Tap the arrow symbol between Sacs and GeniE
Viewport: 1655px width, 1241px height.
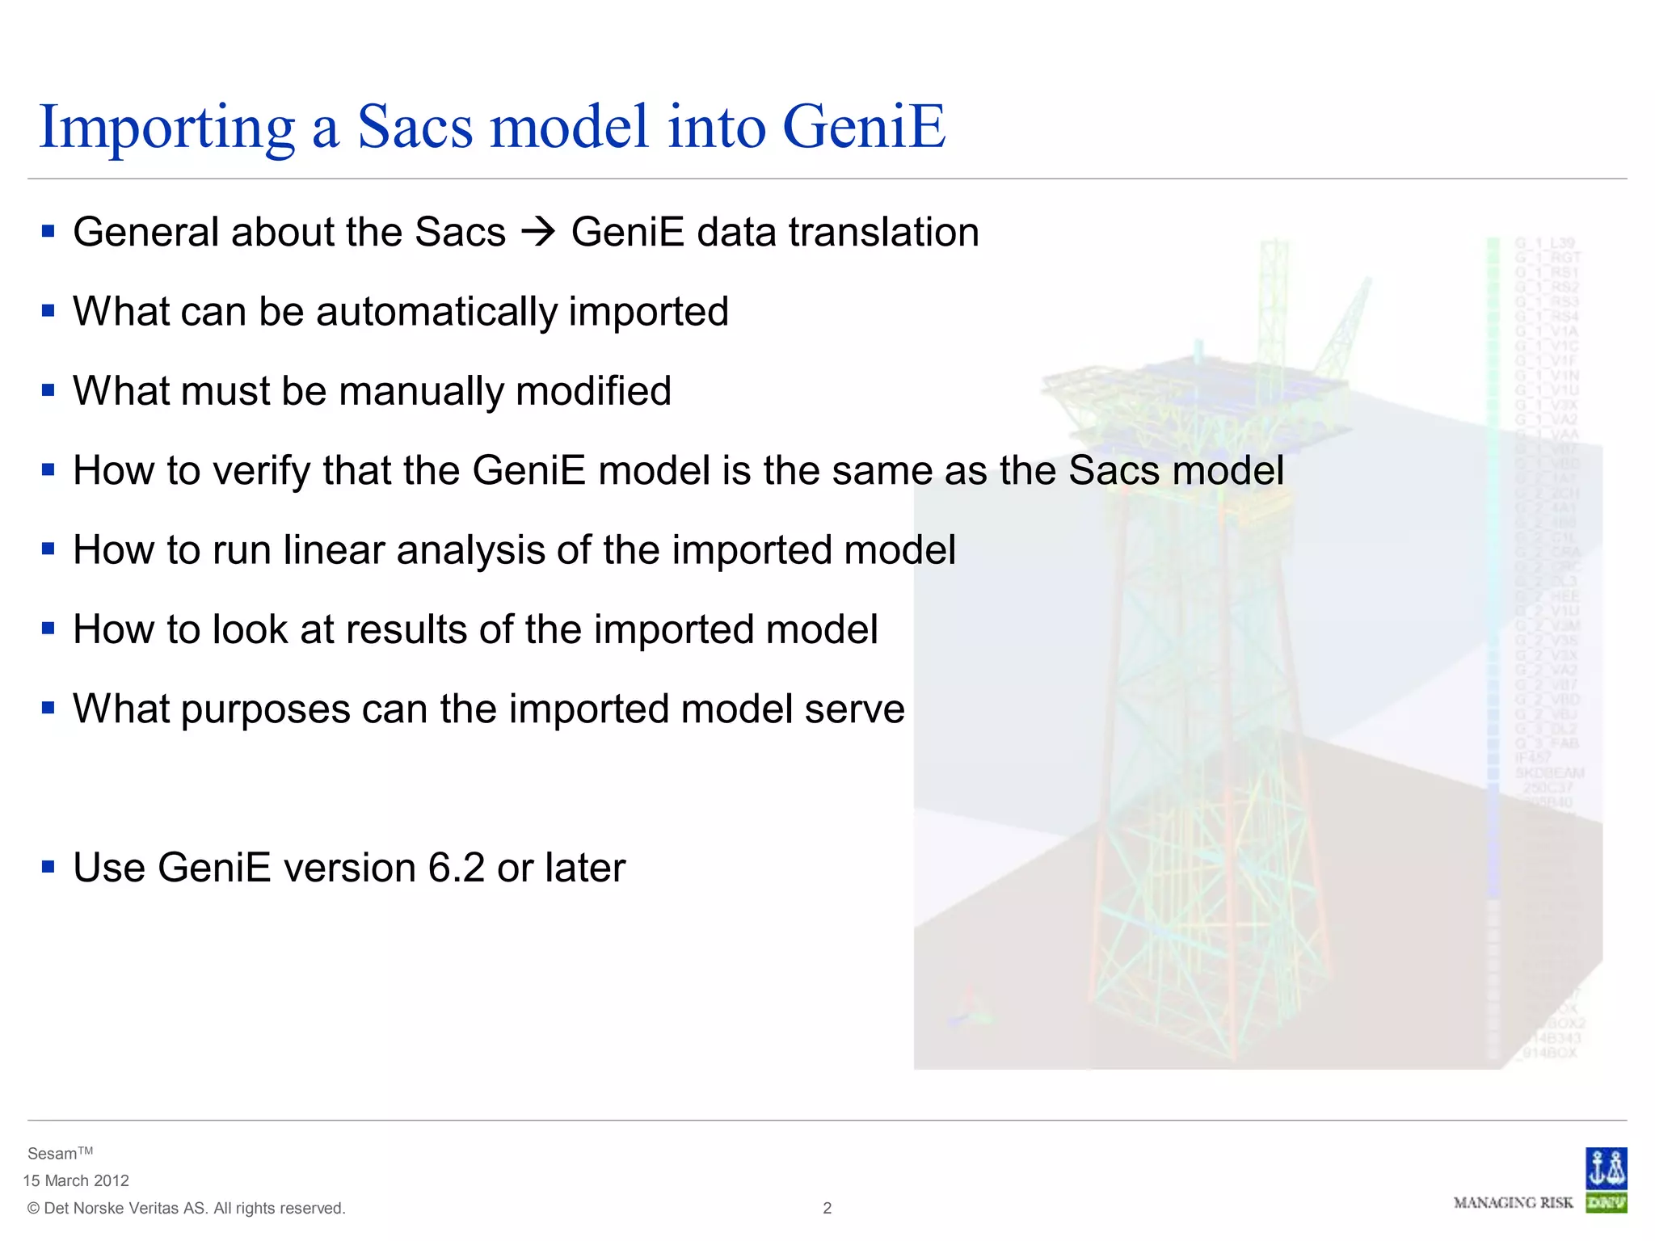point(538,233)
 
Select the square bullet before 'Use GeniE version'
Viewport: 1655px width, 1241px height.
point(48,868)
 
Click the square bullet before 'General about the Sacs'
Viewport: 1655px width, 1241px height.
point(48,233)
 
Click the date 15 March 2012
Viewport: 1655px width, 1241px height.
point(76,1180)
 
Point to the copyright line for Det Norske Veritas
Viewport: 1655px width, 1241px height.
point(186,1208)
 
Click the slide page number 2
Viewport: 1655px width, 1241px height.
point(827,1208)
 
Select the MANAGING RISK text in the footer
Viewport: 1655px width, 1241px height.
point(1513,1203)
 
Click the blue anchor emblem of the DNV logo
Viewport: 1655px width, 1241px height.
point(1605,1168)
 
